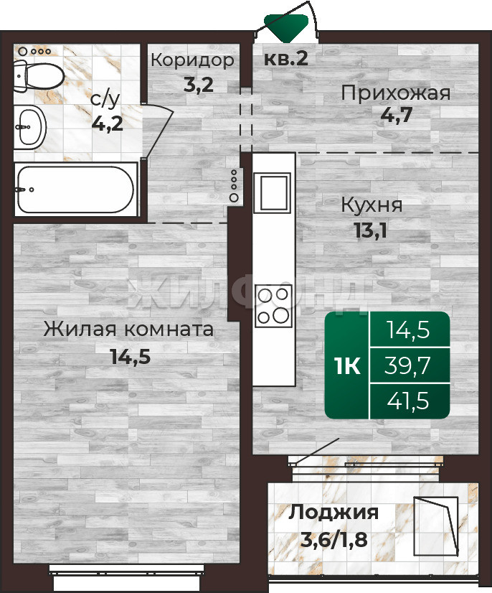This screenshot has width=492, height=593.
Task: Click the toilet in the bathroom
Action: [x=39, y=76]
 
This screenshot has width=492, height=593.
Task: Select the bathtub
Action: [x=75, y=190]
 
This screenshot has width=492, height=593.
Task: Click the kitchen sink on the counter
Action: [x=273, y=192]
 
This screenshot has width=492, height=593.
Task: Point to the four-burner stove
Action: [x=273, y=307]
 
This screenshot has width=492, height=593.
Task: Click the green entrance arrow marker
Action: [x=286, y=27]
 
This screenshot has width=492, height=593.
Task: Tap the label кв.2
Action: [x=286, y=58]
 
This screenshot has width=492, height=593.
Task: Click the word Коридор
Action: [x=193, y=60]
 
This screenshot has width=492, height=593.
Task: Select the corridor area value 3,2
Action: [x=199, y=85]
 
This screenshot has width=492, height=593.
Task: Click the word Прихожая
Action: [x=396, y=93]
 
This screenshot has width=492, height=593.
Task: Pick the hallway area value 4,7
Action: [x=396, y=115]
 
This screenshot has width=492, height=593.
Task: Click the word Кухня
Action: [x=372, y=205]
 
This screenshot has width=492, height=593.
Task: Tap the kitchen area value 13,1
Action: [x=371, y=230]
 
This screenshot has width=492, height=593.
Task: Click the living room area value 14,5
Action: [x=131, y=357]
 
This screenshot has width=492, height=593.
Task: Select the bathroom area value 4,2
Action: [x=108, y=123]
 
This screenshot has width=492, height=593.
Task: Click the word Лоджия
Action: [x=333, y=513]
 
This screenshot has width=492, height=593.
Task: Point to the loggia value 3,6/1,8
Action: [x=334, y=540]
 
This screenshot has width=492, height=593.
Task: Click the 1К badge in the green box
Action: [x=348, y=365]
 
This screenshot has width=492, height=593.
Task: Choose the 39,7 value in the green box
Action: [x=408, y=365]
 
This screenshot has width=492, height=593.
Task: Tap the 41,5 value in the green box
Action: [x=408, y=401]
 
